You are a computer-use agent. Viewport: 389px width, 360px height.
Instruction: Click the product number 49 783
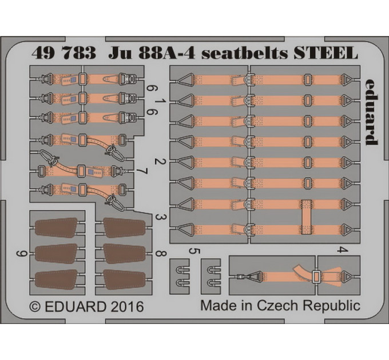[63, 52]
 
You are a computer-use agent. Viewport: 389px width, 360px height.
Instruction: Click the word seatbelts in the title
[244, 53]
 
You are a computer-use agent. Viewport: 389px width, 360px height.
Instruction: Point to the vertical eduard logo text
[371, 112]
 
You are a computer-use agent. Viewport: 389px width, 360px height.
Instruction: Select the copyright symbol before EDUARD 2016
[35, 306]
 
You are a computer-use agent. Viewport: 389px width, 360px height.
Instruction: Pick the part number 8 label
[160, 254]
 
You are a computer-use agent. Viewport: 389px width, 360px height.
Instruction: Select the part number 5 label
[194, 251]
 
